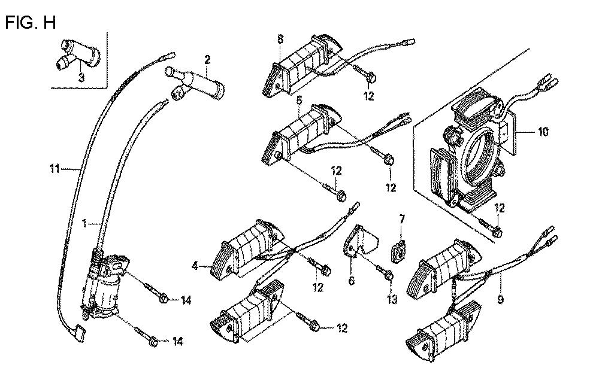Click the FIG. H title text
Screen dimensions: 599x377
[x=31, y=23]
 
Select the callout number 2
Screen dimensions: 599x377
[x=207, y=59]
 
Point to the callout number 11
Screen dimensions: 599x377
[x=55, y=168]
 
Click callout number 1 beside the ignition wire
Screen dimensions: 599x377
[x=85, y=223]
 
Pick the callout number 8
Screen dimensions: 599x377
[x=280, y=39]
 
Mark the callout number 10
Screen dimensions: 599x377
[x=543, y=132]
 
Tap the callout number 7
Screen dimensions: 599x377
[x=401, y=220]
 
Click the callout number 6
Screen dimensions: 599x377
[x=351, y=281]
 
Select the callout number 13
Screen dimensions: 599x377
[x=392, y=300]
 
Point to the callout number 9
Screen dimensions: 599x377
[x=500, y=300]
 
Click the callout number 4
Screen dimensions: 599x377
[x=195, y=266]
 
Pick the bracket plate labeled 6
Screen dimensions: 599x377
[x=359, y=241]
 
